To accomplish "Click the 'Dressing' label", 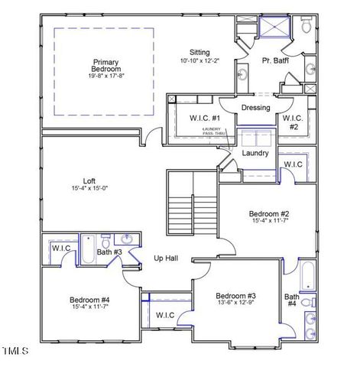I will [255, 108].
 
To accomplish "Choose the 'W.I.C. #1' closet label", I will [205, 119].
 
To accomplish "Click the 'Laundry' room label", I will [255, 153].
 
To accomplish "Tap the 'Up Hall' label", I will [166, 258].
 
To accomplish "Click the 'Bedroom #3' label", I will [235, 296].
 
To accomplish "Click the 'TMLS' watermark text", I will [15, 351].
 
